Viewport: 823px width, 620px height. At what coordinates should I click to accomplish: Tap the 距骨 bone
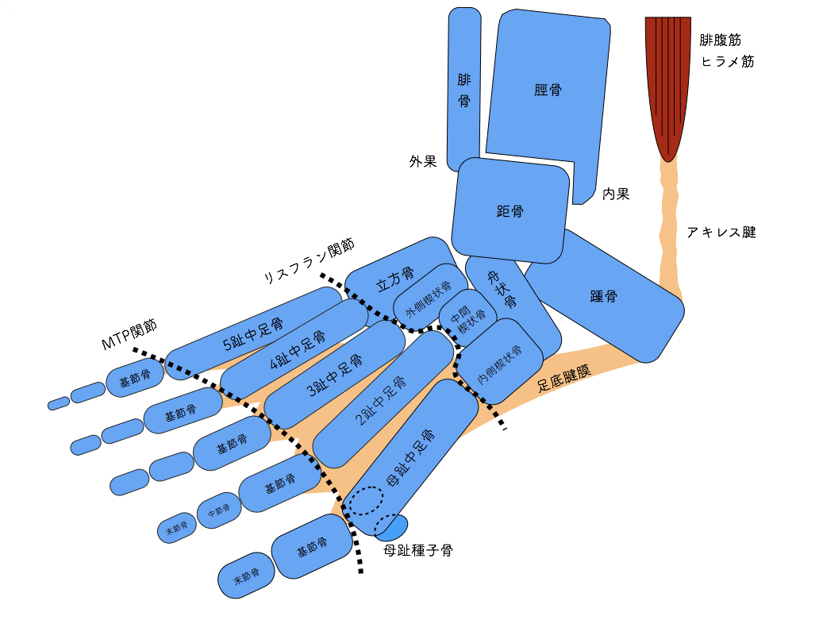pyautogui.click(x=510, y=211)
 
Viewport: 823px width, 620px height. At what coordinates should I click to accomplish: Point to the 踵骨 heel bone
pyautogui.click(x=605, y=297)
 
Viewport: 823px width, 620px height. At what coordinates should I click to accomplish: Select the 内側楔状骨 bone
pyautogui.click(x=500, y=362)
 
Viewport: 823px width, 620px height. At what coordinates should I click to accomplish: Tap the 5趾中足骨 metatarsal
pyautogui.click(x=254, y=334)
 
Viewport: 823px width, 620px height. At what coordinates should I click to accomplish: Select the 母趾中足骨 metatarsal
pyautogui.click(x=413, y=456)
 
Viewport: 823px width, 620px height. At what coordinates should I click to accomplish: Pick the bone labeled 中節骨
pyautogui.click(x=219, y=510)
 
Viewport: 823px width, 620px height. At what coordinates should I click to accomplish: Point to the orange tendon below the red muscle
pyautogui.click(x=670, y=222)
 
